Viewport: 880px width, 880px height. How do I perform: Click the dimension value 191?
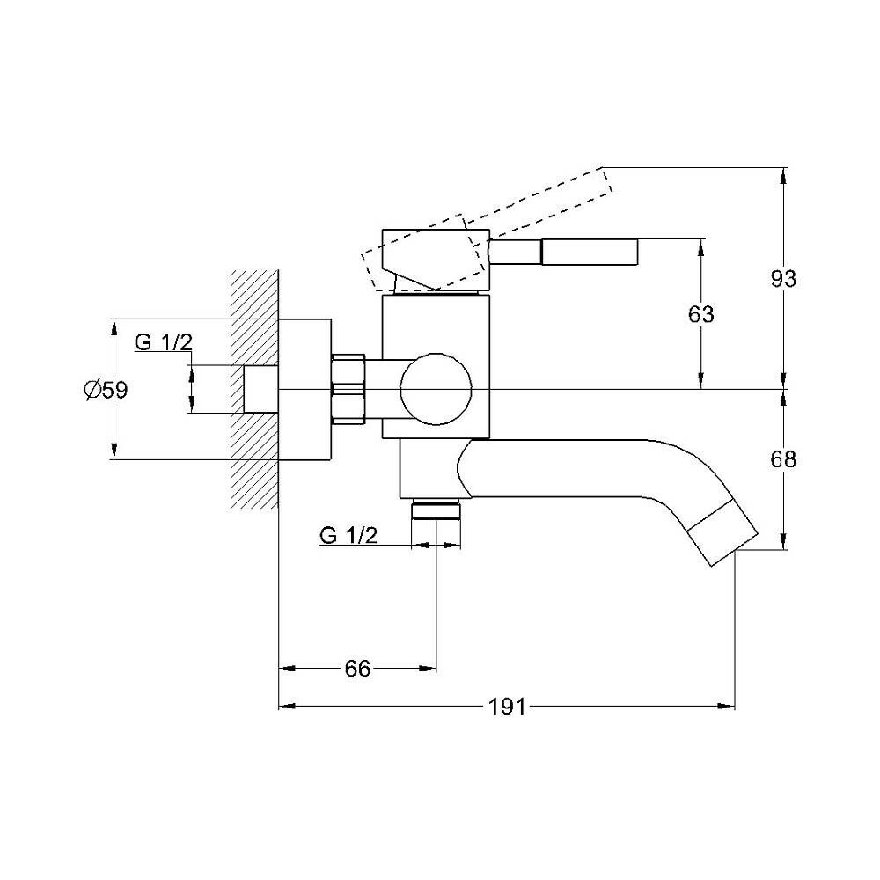click(507, 706)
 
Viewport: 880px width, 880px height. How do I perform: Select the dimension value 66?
click(357, 669)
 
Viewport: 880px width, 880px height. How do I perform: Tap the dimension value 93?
click(783, 279)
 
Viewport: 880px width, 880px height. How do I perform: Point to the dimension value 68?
click(783, 458)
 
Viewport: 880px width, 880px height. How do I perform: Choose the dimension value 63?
click(701, 314)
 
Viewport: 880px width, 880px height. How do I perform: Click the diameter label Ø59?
click(106, 389)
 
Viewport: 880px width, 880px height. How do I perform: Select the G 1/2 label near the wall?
click(163, 343)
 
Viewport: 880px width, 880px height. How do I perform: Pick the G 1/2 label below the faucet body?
click(348, 535)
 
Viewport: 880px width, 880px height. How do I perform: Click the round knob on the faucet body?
click(435, 388)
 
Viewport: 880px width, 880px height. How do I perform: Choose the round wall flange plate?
click(304, 388)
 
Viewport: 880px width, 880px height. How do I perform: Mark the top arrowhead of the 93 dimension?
click(783, 173)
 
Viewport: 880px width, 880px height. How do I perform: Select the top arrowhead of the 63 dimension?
click(701, 246)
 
